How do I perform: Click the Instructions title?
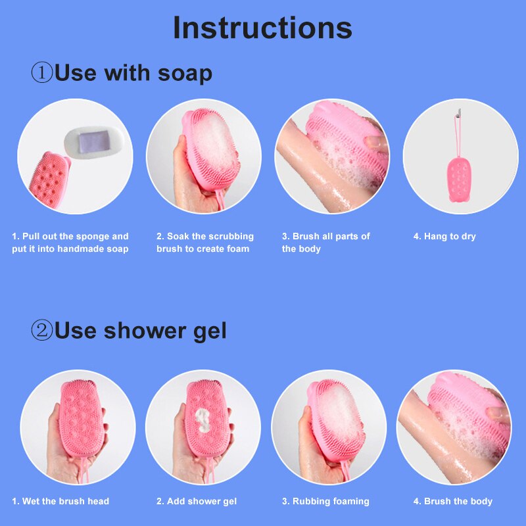[x=262, y=28]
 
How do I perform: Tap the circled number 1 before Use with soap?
[x=42, y=73]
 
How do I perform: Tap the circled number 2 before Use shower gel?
[x=42, y=330]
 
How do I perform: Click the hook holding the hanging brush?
[x=458, y=112]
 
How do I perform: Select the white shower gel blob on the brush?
[x=203, y=420]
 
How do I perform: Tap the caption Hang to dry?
[x=444, y=237]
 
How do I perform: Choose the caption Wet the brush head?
[x=60, y=501]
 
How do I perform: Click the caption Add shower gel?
[x=197, y=502]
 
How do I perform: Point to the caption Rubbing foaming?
[x=325, y=502]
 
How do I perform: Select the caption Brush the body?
[x=453, y=502]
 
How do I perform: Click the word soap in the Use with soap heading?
[x=185, y=74]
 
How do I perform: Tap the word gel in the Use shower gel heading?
[x=210, y=331]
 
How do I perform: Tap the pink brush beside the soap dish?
[x=49, y=179]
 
